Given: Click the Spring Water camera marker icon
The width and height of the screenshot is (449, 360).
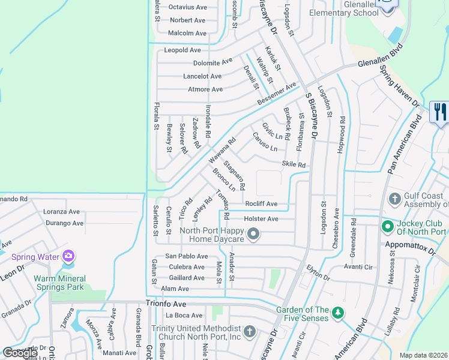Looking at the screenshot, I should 68,257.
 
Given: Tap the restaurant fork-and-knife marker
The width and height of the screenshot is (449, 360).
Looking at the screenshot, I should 439,112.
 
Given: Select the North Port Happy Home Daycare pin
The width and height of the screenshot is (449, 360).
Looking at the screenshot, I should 253,234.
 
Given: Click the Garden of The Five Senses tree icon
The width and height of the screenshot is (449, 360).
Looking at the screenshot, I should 338,313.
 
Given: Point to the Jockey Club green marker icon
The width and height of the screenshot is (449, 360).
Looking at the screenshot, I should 388,227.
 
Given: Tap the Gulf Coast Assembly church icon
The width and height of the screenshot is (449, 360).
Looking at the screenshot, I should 395,198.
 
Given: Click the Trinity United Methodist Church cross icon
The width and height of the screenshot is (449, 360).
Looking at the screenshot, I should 250,331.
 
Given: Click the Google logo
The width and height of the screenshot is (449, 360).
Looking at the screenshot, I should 20,353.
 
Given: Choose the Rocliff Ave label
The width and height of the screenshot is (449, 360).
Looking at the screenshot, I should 261,204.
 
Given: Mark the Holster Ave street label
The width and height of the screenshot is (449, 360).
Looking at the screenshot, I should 261,219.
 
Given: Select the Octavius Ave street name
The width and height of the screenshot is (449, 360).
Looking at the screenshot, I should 187,7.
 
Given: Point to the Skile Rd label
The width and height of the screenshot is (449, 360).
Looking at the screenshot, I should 294,164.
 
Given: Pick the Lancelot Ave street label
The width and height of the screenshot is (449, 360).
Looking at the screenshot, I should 202,76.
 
